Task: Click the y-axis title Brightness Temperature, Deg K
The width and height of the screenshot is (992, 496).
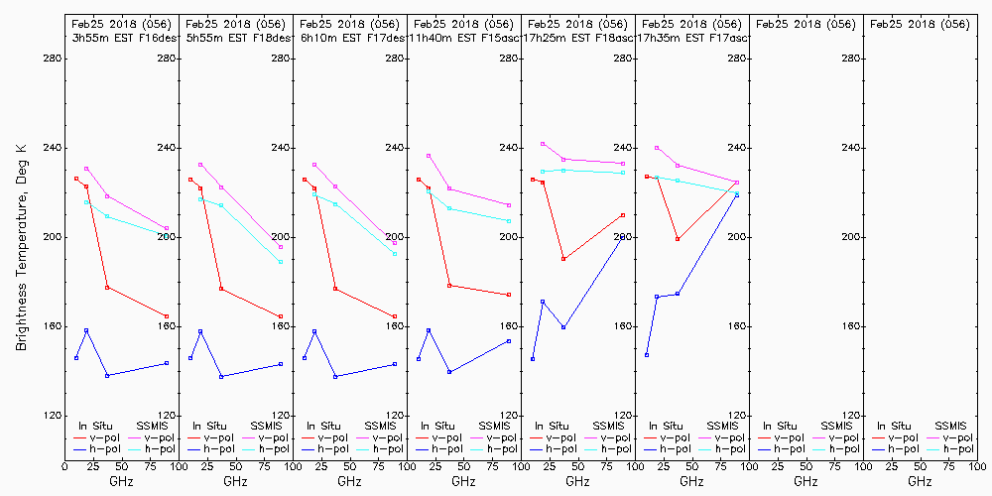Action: tap(21, 246)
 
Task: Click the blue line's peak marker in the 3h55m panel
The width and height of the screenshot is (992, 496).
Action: tap(86, 330)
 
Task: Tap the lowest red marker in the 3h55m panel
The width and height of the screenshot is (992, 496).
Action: tap(167, 316)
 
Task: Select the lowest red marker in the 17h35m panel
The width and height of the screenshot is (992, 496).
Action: tap(678, 239)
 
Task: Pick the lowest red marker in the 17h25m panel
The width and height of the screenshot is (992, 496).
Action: tap(563, 259)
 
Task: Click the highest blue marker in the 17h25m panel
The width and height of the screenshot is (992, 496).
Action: tap(623, 237)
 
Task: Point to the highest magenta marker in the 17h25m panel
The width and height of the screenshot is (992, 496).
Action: tap(543, 144)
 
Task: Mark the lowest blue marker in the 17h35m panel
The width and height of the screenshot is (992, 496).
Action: tap(647, 355)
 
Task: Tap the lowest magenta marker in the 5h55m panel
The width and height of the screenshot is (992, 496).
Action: tap(281, 247)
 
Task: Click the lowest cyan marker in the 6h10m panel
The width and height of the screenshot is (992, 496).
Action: tap(395, 254)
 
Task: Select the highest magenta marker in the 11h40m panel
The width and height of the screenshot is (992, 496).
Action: tap(429, 156)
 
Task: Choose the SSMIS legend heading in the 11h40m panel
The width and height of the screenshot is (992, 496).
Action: tap(494, 426)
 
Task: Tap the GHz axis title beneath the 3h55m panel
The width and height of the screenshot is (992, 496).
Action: tap(121, 481)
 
